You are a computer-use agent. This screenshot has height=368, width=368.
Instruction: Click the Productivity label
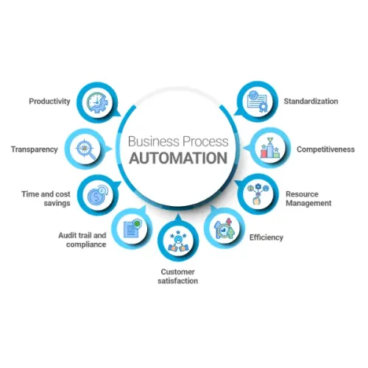tap(49, 102)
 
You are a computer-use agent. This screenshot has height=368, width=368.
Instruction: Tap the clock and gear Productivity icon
tap(97, 103)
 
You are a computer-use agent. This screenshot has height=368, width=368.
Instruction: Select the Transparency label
tap(35, 149)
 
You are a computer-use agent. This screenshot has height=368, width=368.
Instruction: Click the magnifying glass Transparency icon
tap(85, 149)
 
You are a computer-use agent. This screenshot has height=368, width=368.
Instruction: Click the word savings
tap(57, 203)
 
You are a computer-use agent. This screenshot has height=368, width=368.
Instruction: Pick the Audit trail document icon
tap(132, 228)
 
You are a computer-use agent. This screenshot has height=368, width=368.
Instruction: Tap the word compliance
tap(86, 244)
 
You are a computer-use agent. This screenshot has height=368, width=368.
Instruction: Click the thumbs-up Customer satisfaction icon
tap(178, 241)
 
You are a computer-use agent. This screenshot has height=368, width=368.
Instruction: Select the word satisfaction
tap(178, 281)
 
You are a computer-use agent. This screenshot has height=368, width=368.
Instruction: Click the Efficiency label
tap(266, 238)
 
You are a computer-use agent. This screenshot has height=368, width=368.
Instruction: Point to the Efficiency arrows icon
tap(224, 229)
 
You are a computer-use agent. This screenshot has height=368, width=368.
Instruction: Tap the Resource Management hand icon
tap(258, 194)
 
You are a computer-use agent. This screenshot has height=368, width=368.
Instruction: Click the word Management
tap(308, 203)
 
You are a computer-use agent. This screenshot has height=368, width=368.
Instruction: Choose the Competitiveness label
tap(326, 149)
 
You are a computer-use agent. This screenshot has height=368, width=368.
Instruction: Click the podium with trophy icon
tap(270, 148)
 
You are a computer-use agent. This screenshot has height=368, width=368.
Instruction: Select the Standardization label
tap(311, 102)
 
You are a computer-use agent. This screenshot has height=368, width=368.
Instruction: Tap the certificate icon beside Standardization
tap(257, 102)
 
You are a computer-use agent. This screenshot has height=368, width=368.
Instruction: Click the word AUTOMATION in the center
tap(178, 158)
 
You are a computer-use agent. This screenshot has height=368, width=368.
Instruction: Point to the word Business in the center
tap(154, 141)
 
